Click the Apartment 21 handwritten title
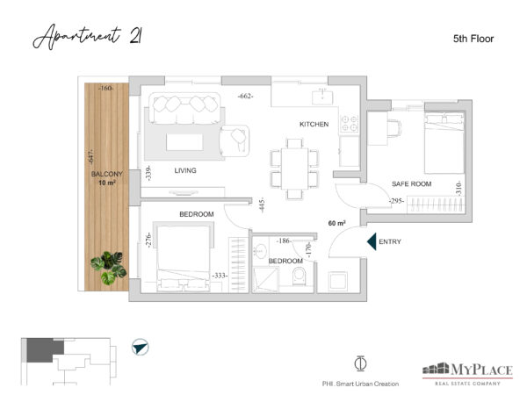[x=87, y=37]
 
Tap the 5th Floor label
[x=473, y=39]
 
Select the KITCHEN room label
[x=314, y=125]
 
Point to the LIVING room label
[x=185, y=170]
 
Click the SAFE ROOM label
[x=411, y=184]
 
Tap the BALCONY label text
[x=107, y=174]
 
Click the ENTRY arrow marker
[x=372, y=241]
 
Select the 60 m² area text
[x=336, y=223]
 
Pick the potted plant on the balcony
[x=108, y=268]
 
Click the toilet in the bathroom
[x=299, y=276]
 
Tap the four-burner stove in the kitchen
[x=350, y=123]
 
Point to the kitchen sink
[x=322, y=97]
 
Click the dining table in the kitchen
[x=294, y=169]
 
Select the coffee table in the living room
[x=184, y=142]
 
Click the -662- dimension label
[x=245, y=96]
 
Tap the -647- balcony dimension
[x=90, y=157]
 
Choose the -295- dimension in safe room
[x=397, y=201]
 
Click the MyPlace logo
[x=467, y=374]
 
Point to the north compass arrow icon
[x=141, y=347]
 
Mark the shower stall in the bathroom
[x=265, y=279]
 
